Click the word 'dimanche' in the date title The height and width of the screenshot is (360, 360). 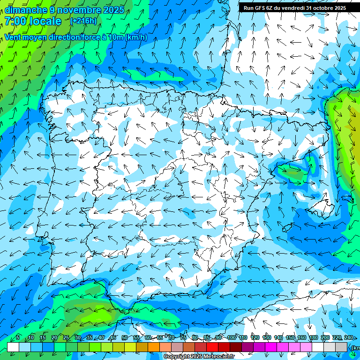click(26, 10)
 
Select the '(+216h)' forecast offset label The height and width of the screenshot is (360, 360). click(83, 21)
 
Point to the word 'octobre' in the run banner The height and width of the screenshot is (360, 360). click(321, 8)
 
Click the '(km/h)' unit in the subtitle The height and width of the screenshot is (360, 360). click(136, 37)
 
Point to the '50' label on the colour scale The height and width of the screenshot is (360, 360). click(125, 337)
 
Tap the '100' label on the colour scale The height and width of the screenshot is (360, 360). click(232, 337)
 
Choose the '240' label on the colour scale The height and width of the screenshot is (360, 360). click(349, 337)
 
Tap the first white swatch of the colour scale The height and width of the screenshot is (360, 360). click(13, 347)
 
